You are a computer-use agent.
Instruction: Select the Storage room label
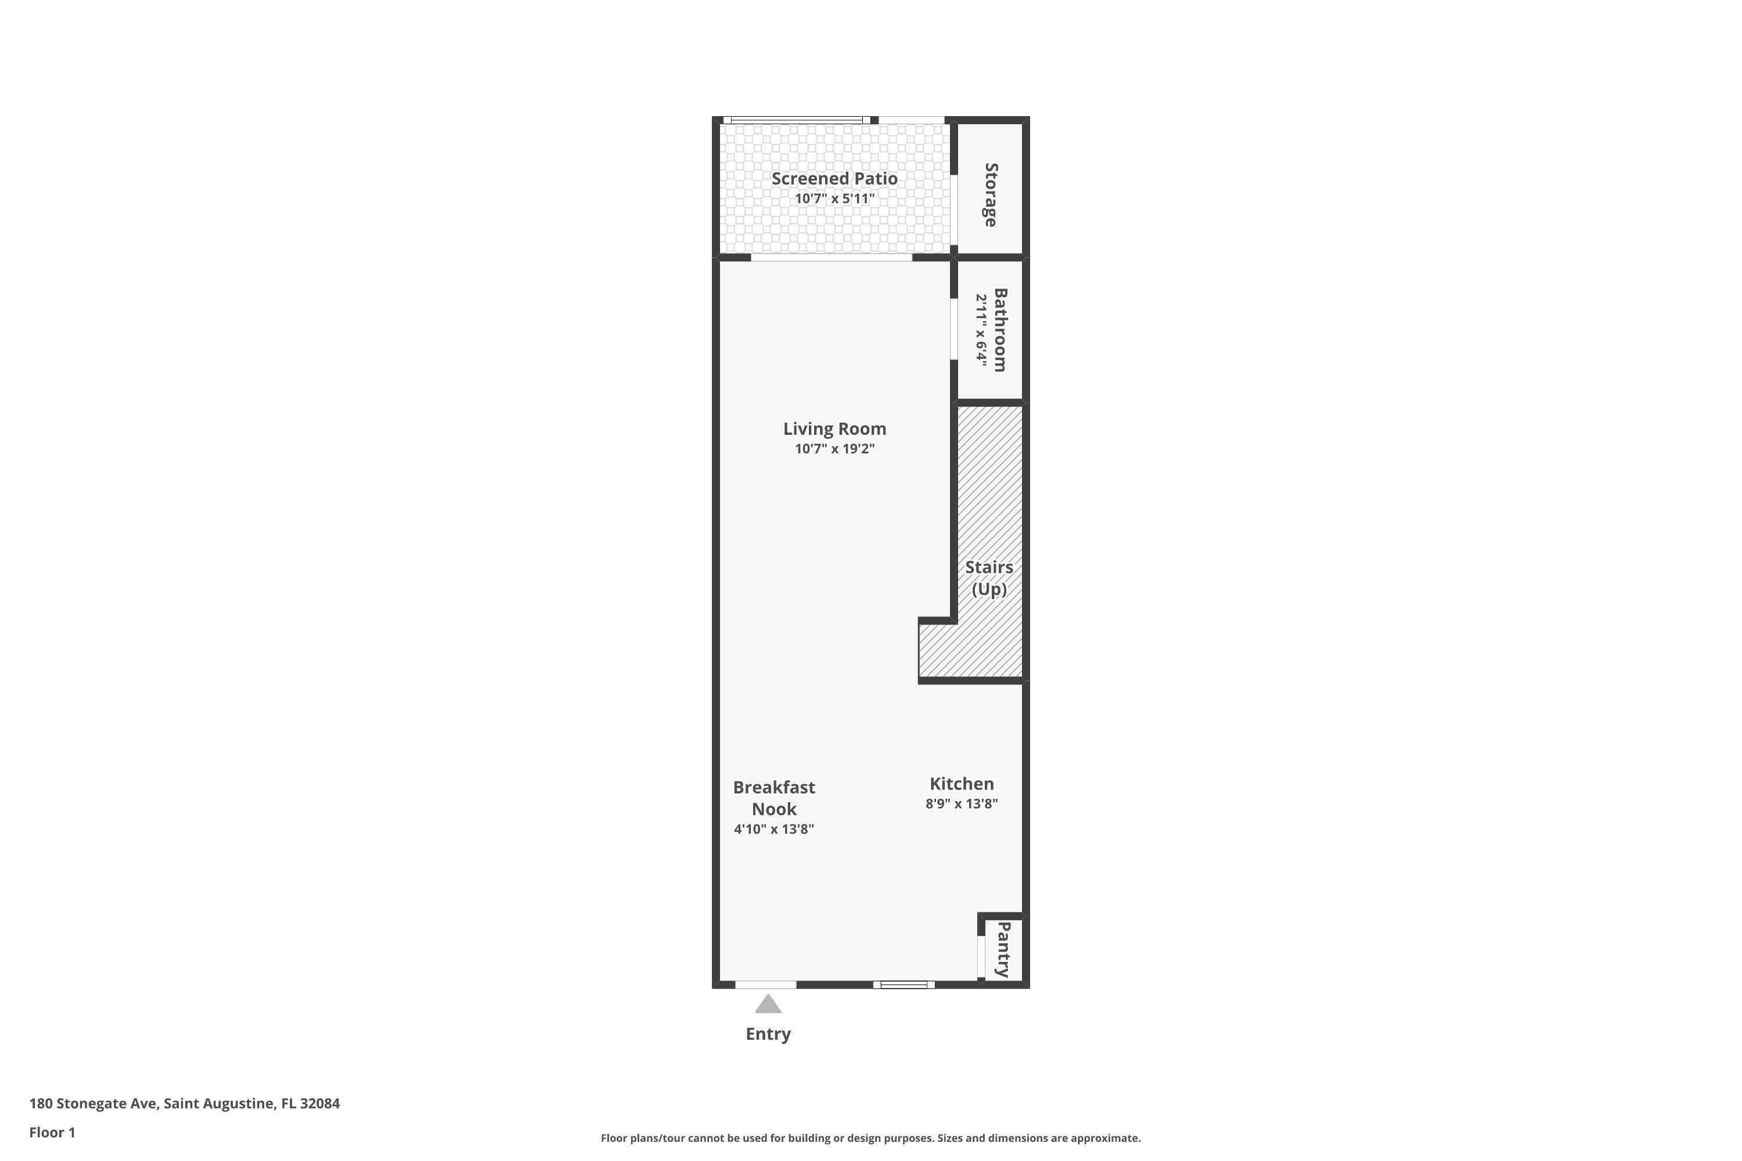click(x=990, y=194)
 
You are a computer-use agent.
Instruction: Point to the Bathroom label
click(x=1000, y=330)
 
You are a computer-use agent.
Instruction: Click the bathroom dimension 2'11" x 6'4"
click(x=981, y=330)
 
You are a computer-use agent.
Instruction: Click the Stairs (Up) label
click(x=989, y=578)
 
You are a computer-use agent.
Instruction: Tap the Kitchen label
click(x=962, y=783)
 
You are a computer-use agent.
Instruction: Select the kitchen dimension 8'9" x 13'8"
click(x=962, y=803)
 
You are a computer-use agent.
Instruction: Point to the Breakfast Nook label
click(x=774, y=798)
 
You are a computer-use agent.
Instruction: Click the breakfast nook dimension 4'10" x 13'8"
click(x=774, y=828)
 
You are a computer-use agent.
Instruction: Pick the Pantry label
click(x=1003, y=949)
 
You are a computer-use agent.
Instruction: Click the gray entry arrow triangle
click(x=768, y=1005)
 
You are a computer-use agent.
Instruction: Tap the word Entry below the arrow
click(x=768, y=1034)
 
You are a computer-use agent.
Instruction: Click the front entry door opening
click(x=766, y=984)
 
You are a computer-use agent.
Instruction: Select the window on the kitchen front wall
click(x=904, y=984)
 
